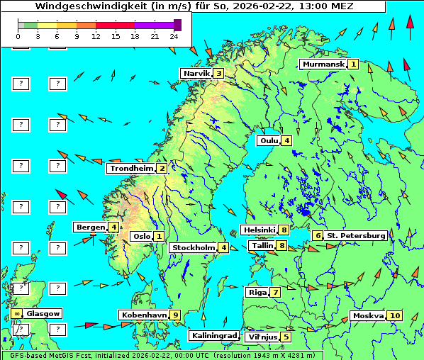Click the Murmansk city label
pyautogui.click(x=323, y=64)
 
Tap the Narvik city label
pyautogui.click(x=196, y=73)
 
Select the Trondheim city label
pyautogui.click(x=131, y=169)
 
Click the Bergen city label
pyautogui.click(x=90, y=227)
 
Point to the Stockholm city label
pyautogui.click(x=193, y=247)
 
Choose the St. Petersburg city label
pyautogui.click(x=356, y=235)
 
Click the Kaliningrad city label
pyautogui.click(x=213, y=335)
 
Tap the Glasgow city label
pyautogui.click(x=43, y=313)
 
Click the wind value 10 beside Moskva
pyautogui.click(x=395, y=316)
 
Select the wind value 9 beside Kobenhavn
pyautogui.click(x=175, y=315)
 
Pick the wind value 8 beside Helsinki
pyautogui.click(x=284, y=230)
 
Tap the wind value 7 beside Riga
pyautogui.click(x=274, y=292)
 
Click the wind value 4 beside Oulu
pyautogui.click(x=286, y=140)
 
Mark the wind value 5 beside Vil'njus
pyautogui.click(x=286, y=337)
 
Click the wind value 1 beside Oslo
pyautogui.click(x=159, y=236)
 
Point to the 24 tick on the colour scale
pyautogui.click(x=174, y=35)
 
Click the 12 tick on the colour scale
pyautogui.click(x=96, y=35)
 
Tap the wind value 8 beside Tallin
pyautogui.click(x=282, y=246)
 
